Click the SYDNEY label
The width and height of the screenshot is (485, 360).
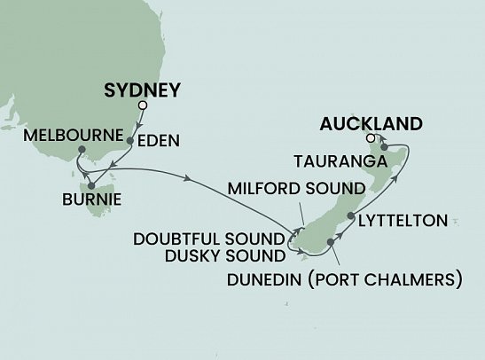point(143,90)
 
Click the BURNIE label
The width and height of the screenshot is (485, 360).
point(92,200)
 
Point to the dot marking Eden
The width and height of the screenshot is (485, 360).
point(130,140)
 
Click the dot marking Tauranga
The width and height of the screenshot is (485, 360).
point(384,147)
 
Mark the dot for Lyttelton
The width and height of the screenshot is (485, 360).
point(351,216)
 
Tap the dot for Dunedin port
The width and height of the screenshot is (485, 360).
point(329,240)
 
